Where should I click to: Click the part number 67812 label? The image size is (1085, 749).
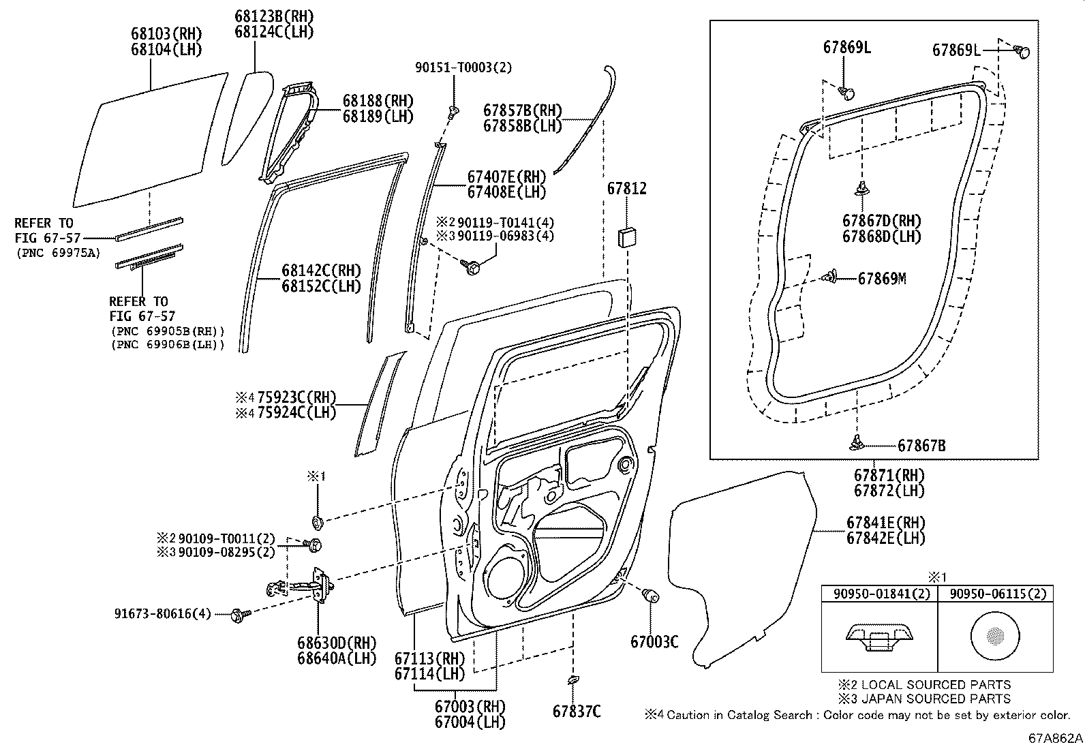(x=626, y=189)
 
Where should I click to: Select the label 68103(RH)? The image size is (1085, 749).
(x=166, y=33)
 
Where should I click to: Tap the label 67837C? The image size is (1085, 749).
(x=577, y=712)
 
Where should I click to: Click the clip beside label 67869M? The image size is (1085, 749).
(x=830, y=277)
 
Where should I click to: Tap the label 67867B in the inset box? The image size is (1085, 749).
(x=921, y=446)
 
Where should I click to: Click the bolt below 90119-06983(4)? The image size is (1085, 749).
(x=470, y=266)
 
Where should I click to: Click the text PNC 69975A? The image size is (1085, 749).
(x=57, y=254)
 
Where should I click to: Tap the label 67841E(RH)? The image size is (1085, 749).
(x=886, y=523)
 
